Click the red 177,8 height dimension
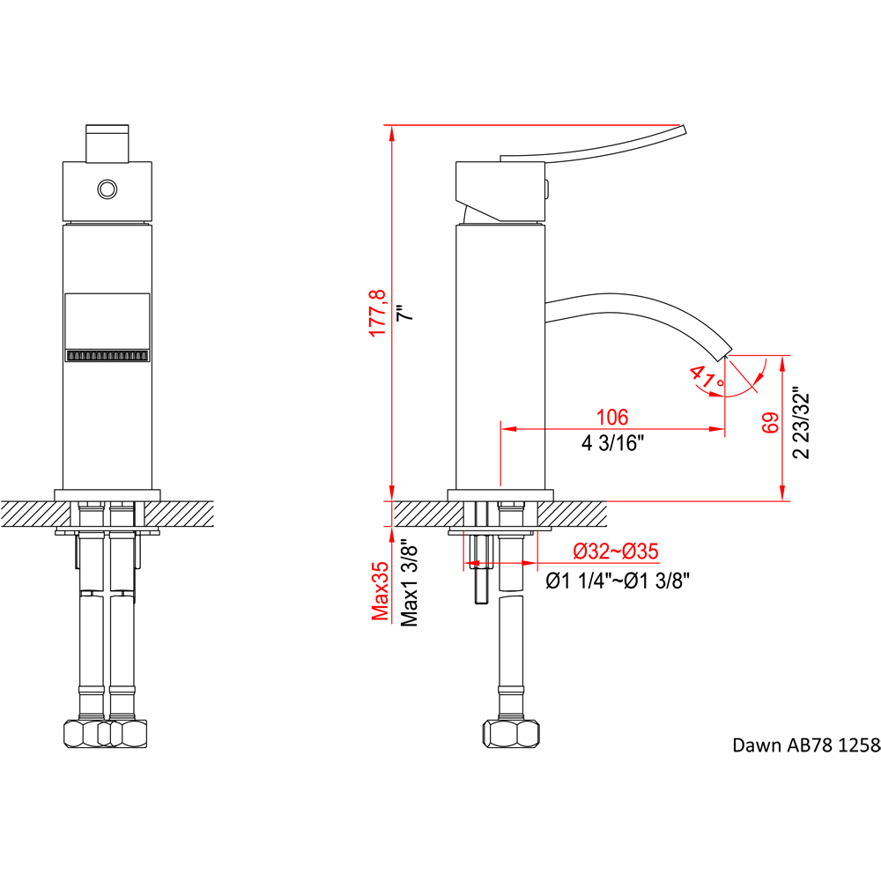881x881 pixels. [378, 313]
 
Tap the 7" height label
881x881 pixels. [405, 313]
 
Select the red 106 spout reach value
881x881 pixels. [612, 417]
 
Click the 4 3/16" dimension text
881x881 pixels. [612, 443]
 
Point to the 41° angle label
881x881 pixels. [707, 377]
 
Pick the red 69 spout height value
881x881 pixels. [770, 423]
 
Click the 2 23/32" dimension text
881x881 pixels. [801, 423]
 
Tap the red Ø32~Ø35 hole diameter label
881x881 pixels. [616, 552]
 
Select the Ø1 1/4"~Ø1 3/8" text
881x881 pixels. [618, 581]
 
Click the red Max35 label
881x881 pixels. [381, 591]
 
